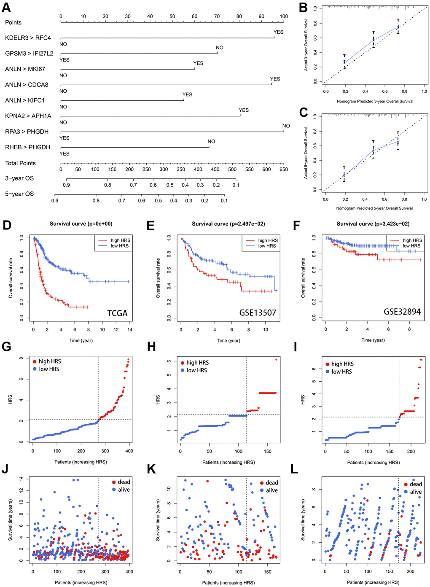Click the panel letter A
6,8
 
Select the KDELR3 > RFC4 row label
28,38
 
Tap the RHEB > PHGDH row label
27,147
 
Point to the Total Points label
20,163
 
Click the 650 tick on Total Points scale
284,170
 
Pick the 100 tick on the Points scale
284,16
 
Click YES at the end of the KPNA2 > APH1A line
244,110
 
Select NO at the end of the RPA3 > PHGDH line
286,126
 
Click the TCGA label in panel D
117,313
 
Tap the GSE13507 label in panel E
258,313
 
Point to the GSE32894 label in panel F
402,312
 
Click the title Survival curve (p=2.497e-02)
228,224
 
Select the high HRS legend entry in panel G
50,361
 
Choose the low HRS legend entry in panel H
197,370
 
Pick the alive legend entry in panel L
416,492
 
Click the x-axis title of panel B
375,101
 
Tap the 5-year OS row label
19,194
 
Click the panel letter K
150,469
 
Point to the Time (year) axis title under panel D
81,340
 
